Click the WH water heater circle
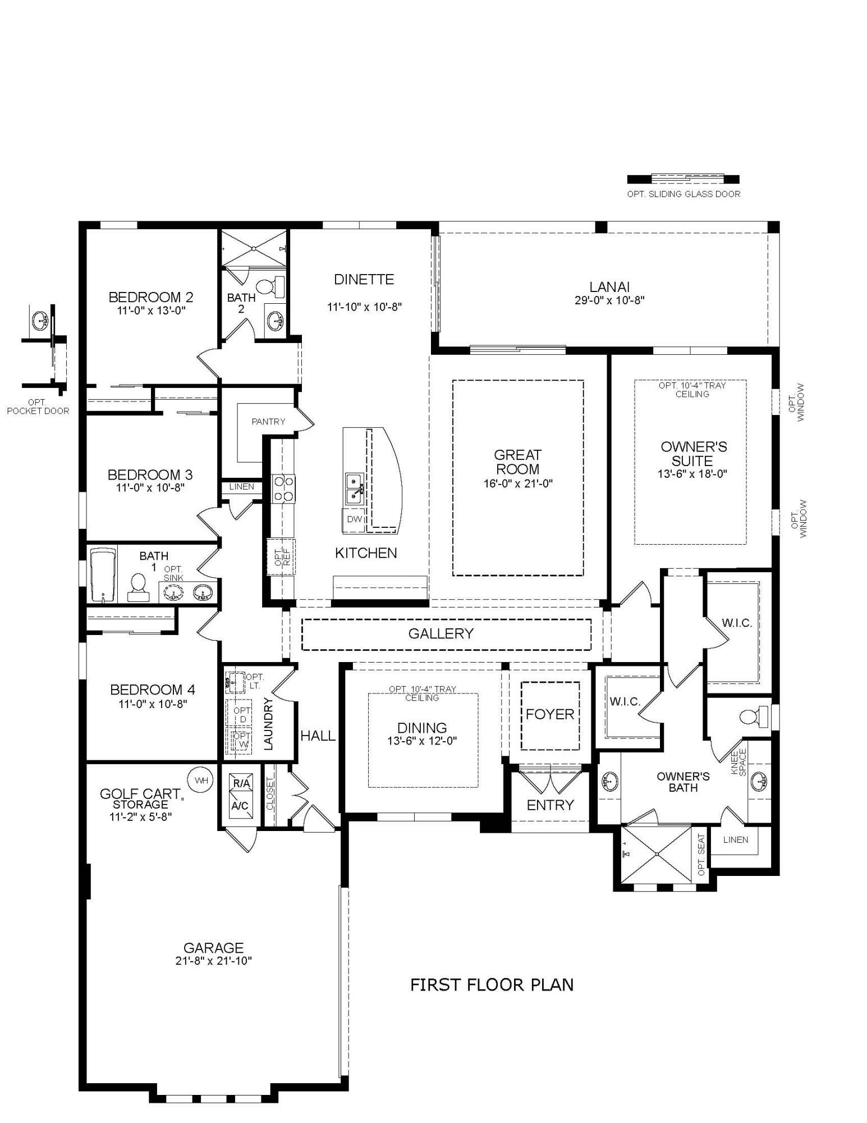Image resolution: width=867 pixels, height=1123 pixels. pyautogui.click(x=204, y=780)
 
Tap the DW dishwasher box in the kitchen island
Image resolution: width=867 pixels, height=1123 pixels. pyautogui.click(x=354, y=519)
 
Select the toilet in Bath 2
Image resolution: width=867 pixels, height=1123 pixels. pyautogui.click(x=273, y=286)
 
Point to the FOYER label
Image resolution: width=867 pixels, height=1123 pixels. pyautogui.click(x=550, y=714)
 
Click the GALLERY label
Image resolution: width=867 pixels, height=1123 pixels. pyautogui.click(x=441, y=634)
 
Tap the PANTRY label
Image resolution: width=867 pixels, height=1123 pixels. pyautogui.click(x=268, y=422)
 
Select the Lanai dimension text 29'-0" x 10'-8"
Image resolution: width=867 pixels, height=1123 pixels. pyautogui.click(x=609, y=300)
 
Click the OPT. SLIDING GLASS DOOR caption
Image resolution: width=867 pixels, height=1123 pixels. pyautogui.click(x=683, y=194)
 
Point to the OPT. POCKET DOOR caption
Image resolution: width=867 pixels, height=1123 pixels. pyautogui.click(x=38, y=407)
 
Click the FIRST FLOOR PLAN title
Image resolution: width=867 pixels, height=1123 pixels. pyautogui.click(x=492, y=985)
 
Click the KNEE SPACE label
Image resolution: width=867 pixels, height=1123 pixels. pyautogui.click(x=738, y=763)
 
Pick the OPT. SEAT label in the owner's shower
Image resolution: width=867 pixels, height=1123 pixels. pyautogui.click(x=701, y=855)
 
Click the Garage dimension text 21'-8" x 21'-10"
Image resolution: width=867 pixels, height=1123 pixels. pyautogui.click(x=213, y=961)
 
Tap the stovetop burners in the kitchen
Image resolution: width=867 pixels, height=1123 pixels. pyautogui.click(x=283, y=488)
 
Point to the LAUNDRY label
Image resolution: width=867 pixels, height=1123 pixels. pyautogui.click(x=268, y=724)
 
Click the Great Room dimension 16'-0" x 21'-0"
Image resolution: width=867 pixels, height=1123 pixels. pyautogui.click(x=518, y=483)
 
